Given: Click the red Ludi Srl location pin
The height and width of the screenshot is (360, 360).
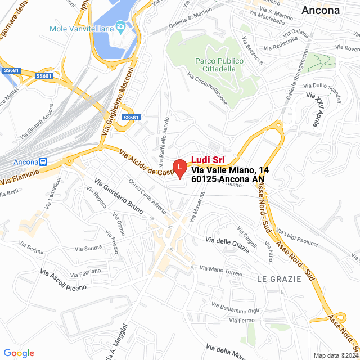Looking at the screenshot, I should (179, 168).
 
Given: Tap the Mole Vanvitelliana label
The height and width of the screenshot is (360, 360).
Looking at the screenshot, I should (84, 27).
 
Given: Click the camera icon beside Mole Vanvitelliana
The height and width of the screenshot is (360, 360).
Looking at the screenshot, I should (120, 27).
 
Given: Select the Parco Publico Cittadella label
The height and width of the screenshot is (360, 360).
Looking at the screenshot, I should (219, 65).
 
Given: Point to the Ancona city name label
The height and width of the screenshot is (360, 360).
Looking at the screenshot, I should (321, 10).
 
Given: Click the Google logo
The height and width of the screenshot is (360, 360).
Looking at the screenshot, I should (19, 353).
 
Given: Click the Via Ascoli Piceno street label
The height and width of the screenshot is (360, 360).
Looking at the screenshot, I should (64, 280).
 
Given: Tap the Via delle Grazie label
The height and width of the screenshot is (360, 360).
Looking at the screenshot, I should (227, 241).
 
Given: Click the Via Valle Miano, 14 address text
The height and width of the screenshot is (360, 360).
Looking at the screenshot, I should (222, 170).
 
